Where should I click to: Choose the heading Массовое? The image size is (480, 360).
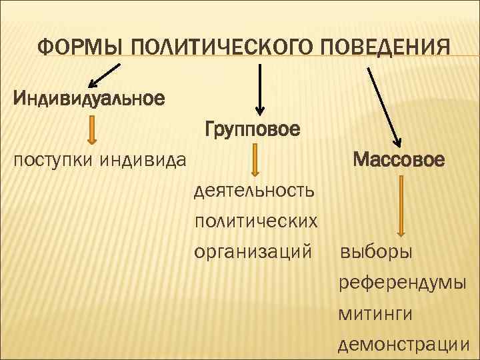pos(399,160)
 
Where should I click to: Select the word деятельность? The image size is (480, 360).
pos(254,192)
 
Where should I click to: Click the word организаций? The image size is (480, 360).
pos(253,252)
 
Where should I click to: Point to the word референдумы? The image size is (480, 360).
pos(402,283)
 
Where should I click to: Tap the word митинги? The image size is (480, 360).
pos(375,313)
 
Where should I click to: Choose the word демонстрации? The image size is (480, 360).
pos(405,344)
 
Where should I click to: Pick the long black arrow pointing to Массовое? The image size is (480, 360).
pos(383,107)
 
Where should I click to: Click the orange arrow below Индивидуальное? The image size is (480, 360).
pos(93,130)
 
